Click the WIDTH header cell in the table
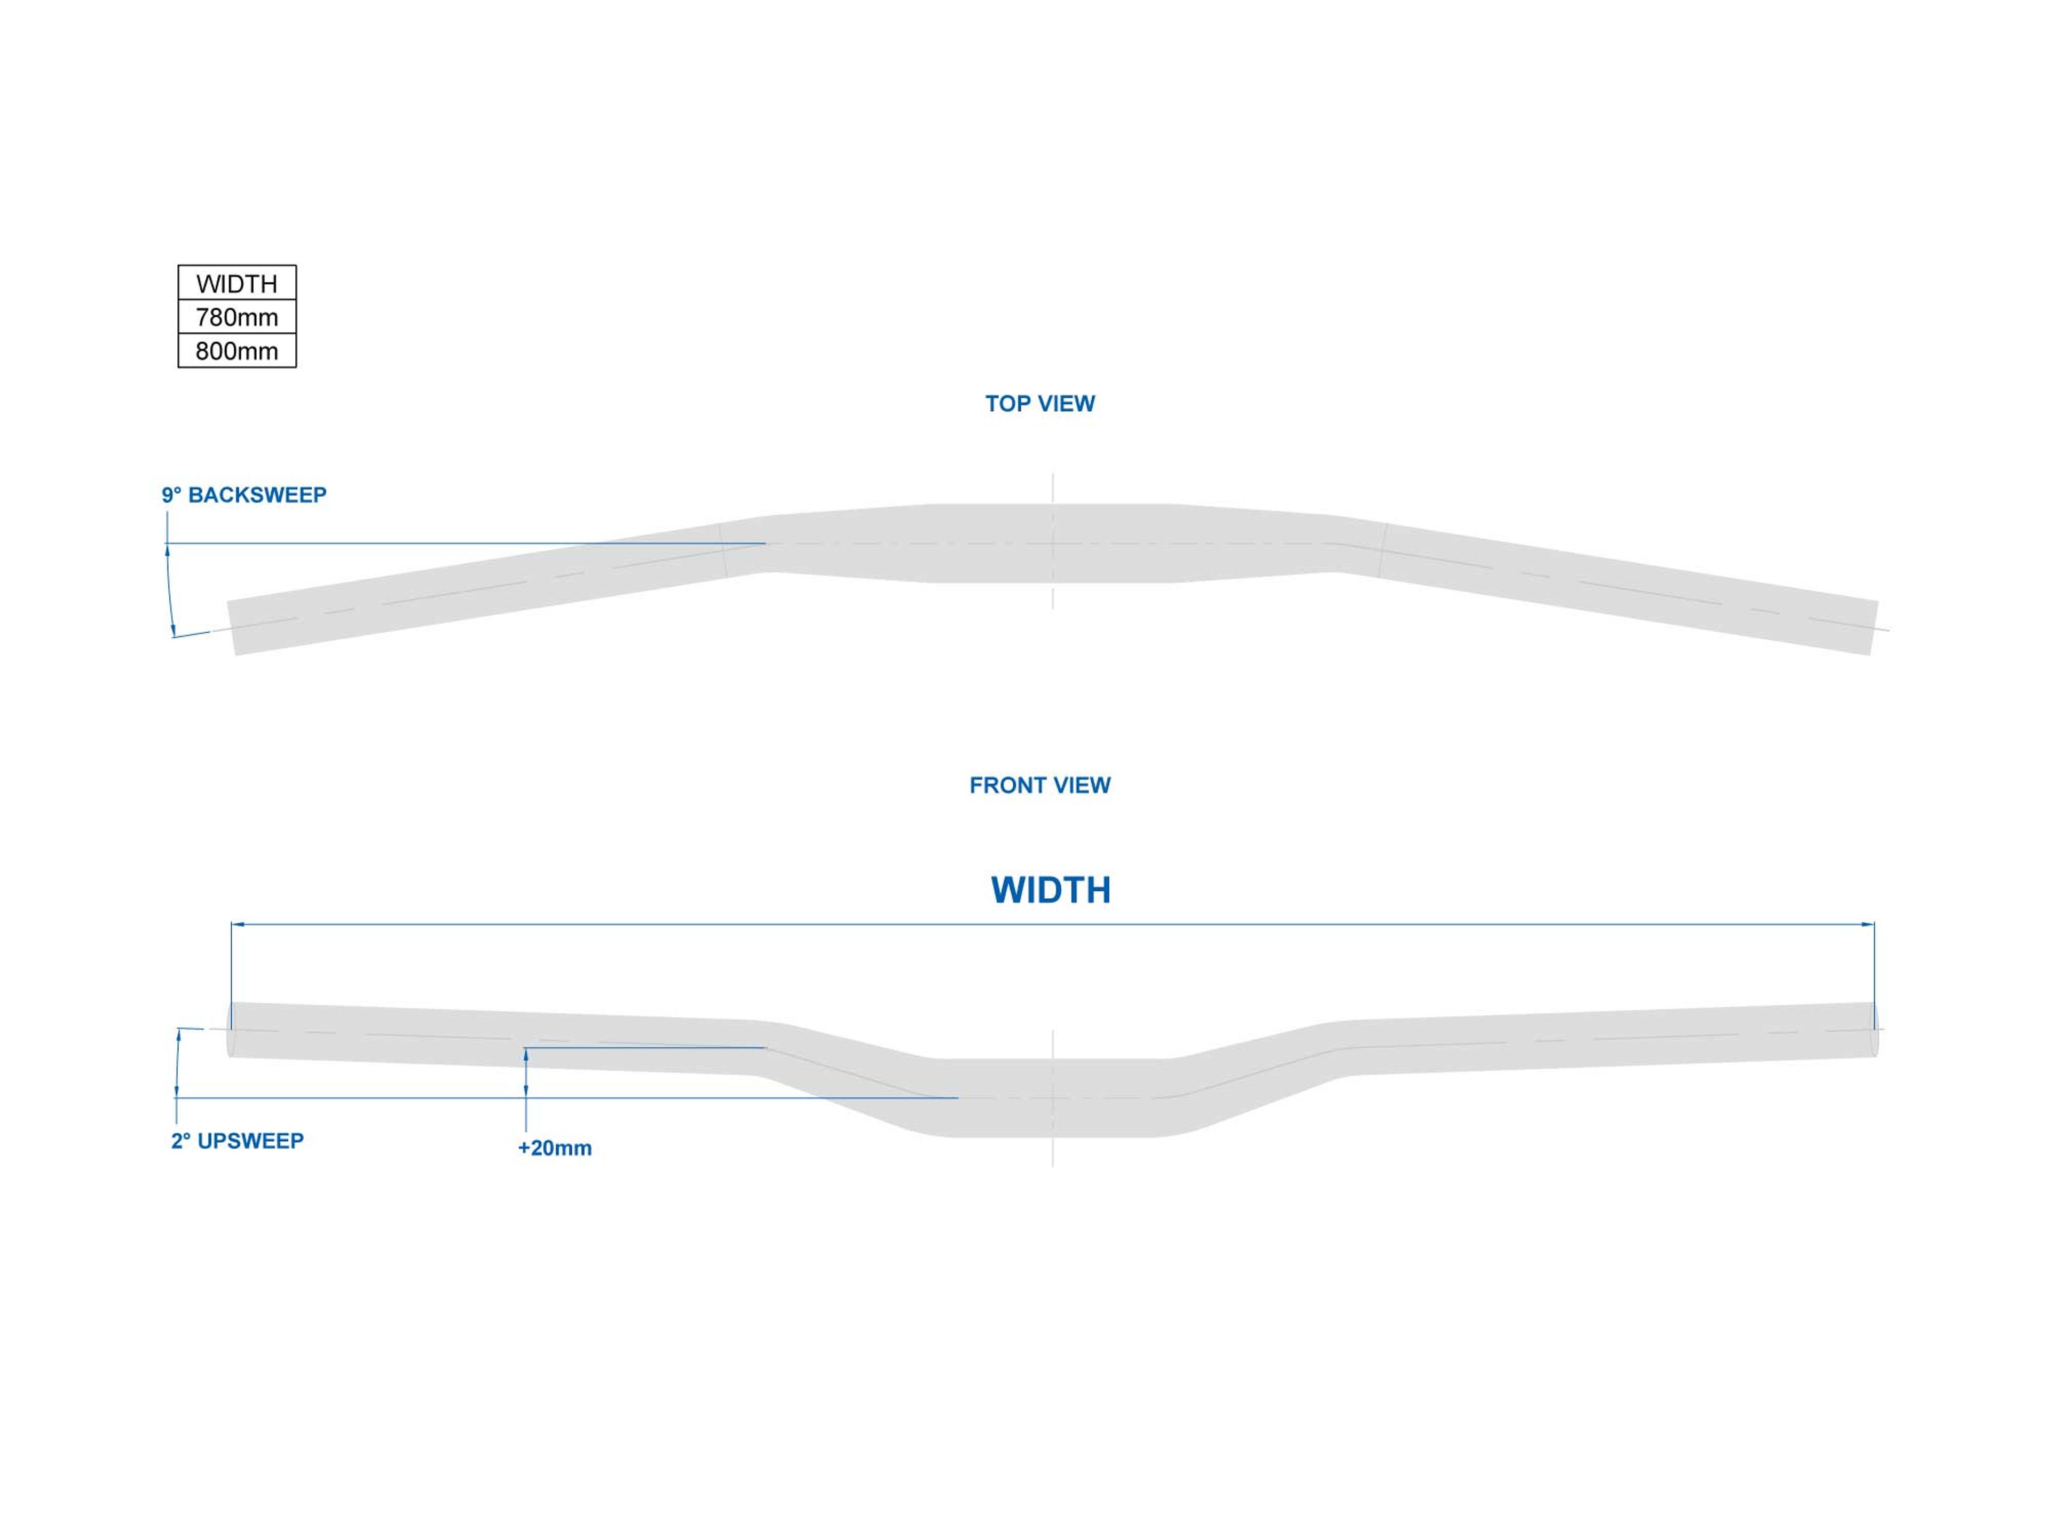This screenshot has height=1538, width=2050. coord(236,283)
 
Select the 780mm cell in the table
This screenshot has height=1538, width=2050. coord(236,317)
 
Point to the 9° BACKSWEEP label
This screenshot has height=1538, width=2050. coord(244,495)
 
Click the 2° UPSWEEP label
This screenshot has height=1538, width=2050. coord(237,1140)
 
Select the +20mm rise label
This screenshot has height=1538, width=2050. coord(554,1148)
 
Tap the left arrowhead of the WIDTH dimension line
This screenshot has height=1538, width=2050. coord(237,924)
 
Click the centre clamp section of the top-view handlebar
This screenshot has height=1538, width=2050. coord(1053,543)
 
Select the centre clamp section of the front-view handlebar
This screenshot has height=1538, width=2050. coord(1053,1097)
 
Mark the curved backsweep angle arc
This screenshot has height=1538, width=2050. coord(169,590)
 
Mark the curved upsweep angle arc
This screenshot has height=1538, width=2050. coord(177,1062)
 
